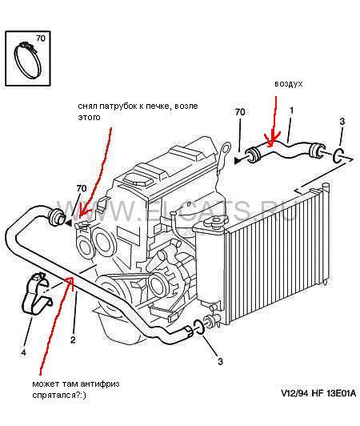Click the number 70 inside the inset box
[x=41, y=38]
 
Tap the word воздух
[x=288, y=84]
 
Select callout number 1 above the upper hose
[x=291, y=111]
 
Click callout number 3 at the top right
[x=342, y=121]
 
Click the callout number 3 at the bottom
[x=221, y=361]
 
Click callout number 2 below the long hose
[x=73, y=340]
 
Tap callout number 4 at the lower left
[x=23, y=353]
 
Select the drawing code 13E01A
[x=342, y=393]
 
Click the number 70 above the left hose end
[x=82, y=188]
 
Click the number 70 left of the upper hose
[x=240, y=111]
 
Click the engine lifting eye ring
[x=224, y=150]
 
